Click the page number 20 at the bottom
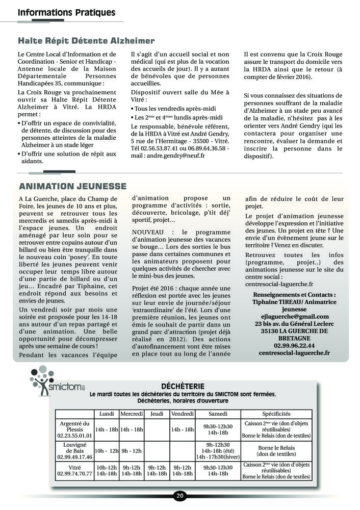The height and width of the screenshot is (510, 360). click(x=179, y=495)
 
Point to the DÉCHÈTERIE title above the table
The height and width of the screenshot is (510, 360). click(x=182, y=386)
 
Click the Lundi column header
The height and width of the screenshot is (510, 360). click(x=107, y=414)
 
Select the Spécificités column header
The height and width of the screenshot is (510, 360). click(x=276, y=414)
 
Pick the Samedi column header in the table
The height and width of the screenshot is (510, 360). click(x=218, y=414)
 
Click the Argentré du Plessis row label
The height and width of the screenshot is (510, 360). click(x=74, y=429)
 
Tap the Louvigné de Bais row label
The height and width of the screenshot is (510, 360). click(x=74, y=451)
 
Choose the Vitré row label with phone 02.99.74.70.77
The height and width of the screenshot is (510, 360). click(x=74, y=470)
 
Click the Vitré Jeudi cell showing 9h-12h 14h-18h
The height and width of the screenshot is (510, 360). click(x=157, y=470)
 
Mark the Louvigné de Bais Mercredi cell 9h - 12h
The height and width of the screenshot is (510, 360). click(x=132, y=451)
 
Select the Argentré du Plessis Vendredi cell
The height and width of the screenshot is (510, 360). click(x=183, y=429)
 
